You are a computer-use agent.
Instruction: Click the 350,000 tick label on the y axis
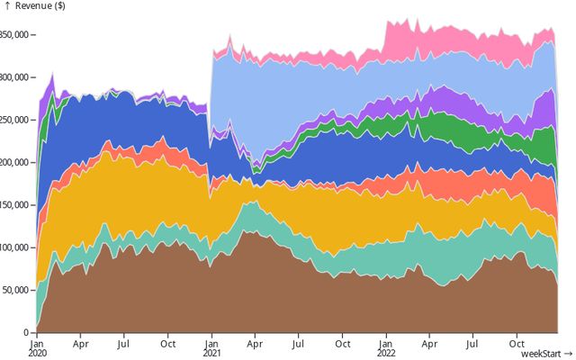pos(15,35)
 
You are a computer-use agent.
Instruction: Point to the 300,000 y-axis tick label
pos(15,77)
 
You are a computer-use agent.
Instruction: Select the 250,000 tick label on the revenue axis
pos(15,120)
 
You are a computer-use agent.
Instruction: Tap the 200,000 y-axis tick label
pos(15,162)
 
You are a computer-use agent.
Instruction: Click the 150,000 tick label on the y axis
pos(15,205)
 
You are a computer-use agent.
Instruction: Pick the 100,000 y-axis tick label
pos(15,247)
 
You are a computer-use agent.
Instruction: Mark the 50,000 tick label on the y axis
pos(17,290)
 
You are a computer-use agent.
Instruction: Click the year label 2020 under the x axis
pos(37,353)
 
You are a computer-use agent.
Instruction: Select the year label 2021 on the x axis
pos(211,353)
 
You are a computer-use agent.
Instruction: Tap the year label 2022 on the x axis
pos(386,353)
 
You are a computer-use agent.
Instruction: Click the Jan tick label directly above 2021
pos(211,344)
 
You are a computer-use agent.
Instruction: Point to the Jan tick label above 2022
pos(386,344)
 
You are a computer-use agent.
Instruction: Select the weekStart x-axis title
pos(546,354)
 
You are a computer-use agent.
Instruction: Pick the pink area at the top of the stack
pos(423,40)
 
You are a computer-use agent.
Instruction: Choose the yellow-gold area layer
pos(135,198)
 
